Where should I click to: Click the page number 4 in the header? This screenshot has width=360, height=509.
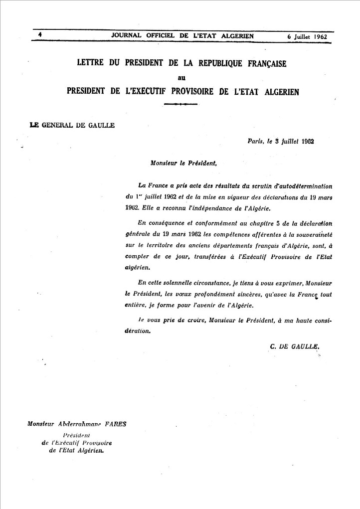tap(38, 34)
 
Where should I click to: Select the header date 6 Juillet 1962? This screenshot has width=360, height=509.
tap(307, 36)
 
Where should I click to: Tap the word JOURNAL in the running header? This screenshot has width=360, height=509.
tap(127, 36)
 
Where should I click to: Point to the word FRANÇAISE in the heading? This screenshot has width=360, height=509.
tap(262, 64)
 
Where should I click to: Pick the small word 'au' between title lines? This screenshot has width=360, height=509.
tap(181, 77)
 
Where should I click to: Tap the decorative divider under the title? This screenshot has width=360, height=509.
tap(181, 104)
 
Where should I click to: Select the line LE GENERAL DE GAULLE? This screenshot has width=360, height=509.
tap(72, 125)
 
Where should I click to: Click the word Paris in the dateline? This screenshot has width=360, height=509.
tap(256, 141)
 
